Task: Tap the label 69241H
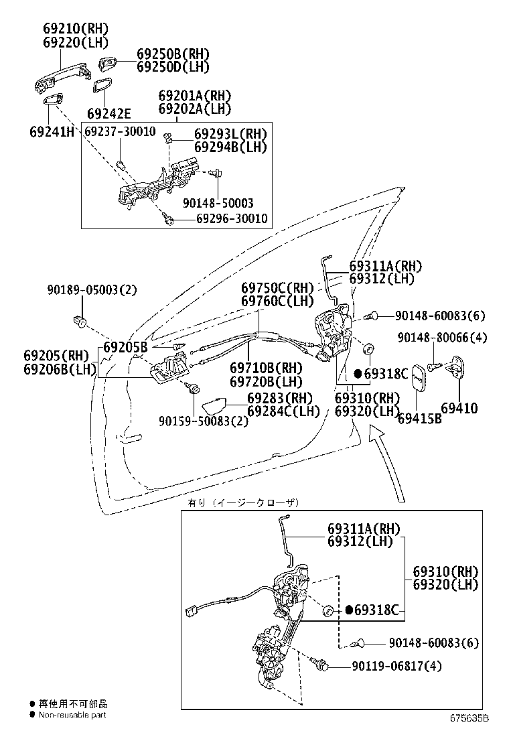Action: (52, 131)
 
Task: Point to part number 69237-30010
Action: (120, 131)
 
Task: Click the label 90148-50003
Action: (218, 203)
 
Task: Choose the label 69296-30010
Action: (222, 219)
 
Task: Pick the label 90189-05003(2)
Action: (92, 290)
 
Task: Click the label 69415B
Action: (419, 419)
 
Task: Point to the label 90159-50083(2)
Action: (194, 421)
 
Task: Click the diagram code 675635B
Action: (469, 718)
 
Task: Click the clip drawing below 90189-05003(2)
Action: (82, 322)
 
